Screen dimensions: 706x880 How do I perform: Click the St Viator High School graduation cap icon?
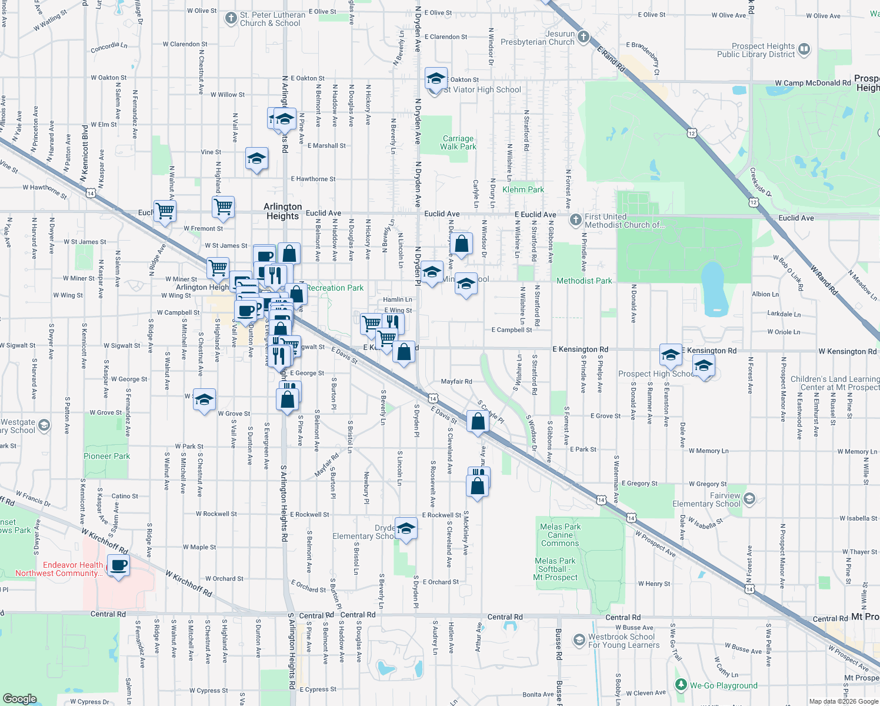pos(436,78)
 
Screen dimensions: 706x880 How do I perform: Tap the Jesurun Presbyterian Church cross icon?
pos(583,37)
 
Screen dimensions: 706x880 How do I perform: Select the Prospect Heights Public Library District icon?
pos(804,49)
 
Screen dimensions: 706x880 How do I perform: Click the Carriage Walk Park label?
pos(458,142)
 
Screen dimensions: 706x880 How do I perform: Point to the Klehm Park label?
pos(523,189)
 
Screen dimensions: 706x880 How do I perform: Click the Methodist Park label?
pos(584,281)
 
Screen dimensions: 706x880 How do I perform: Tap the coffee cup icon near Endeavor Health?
pos(119,565)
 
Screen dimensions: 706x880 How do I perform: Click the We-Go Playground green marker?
pos(681,684)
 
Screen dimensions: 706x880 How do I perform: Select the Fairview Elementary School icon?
pos(749,499)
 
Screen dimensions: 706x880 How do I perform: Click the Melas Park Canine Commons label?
pos(560,535)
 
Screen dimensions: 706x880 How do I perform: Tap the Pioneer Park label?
pos(106,456)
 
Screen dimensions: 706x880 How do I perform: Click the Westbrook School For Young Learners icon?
pos(579,640)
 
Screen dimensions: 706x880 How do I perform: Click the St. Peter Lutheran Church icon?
pos(231,18)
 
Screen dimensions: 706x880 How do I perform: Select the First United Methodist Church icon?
pos(576,220)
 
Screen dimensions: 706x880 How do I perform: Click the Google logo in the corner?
pos(19,698)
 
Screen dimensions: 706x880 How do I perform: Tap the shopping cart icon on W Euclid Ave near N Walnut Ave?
pos(165,211)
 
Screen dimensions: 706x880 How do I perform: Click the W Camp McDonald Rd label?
pos(812,83)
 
